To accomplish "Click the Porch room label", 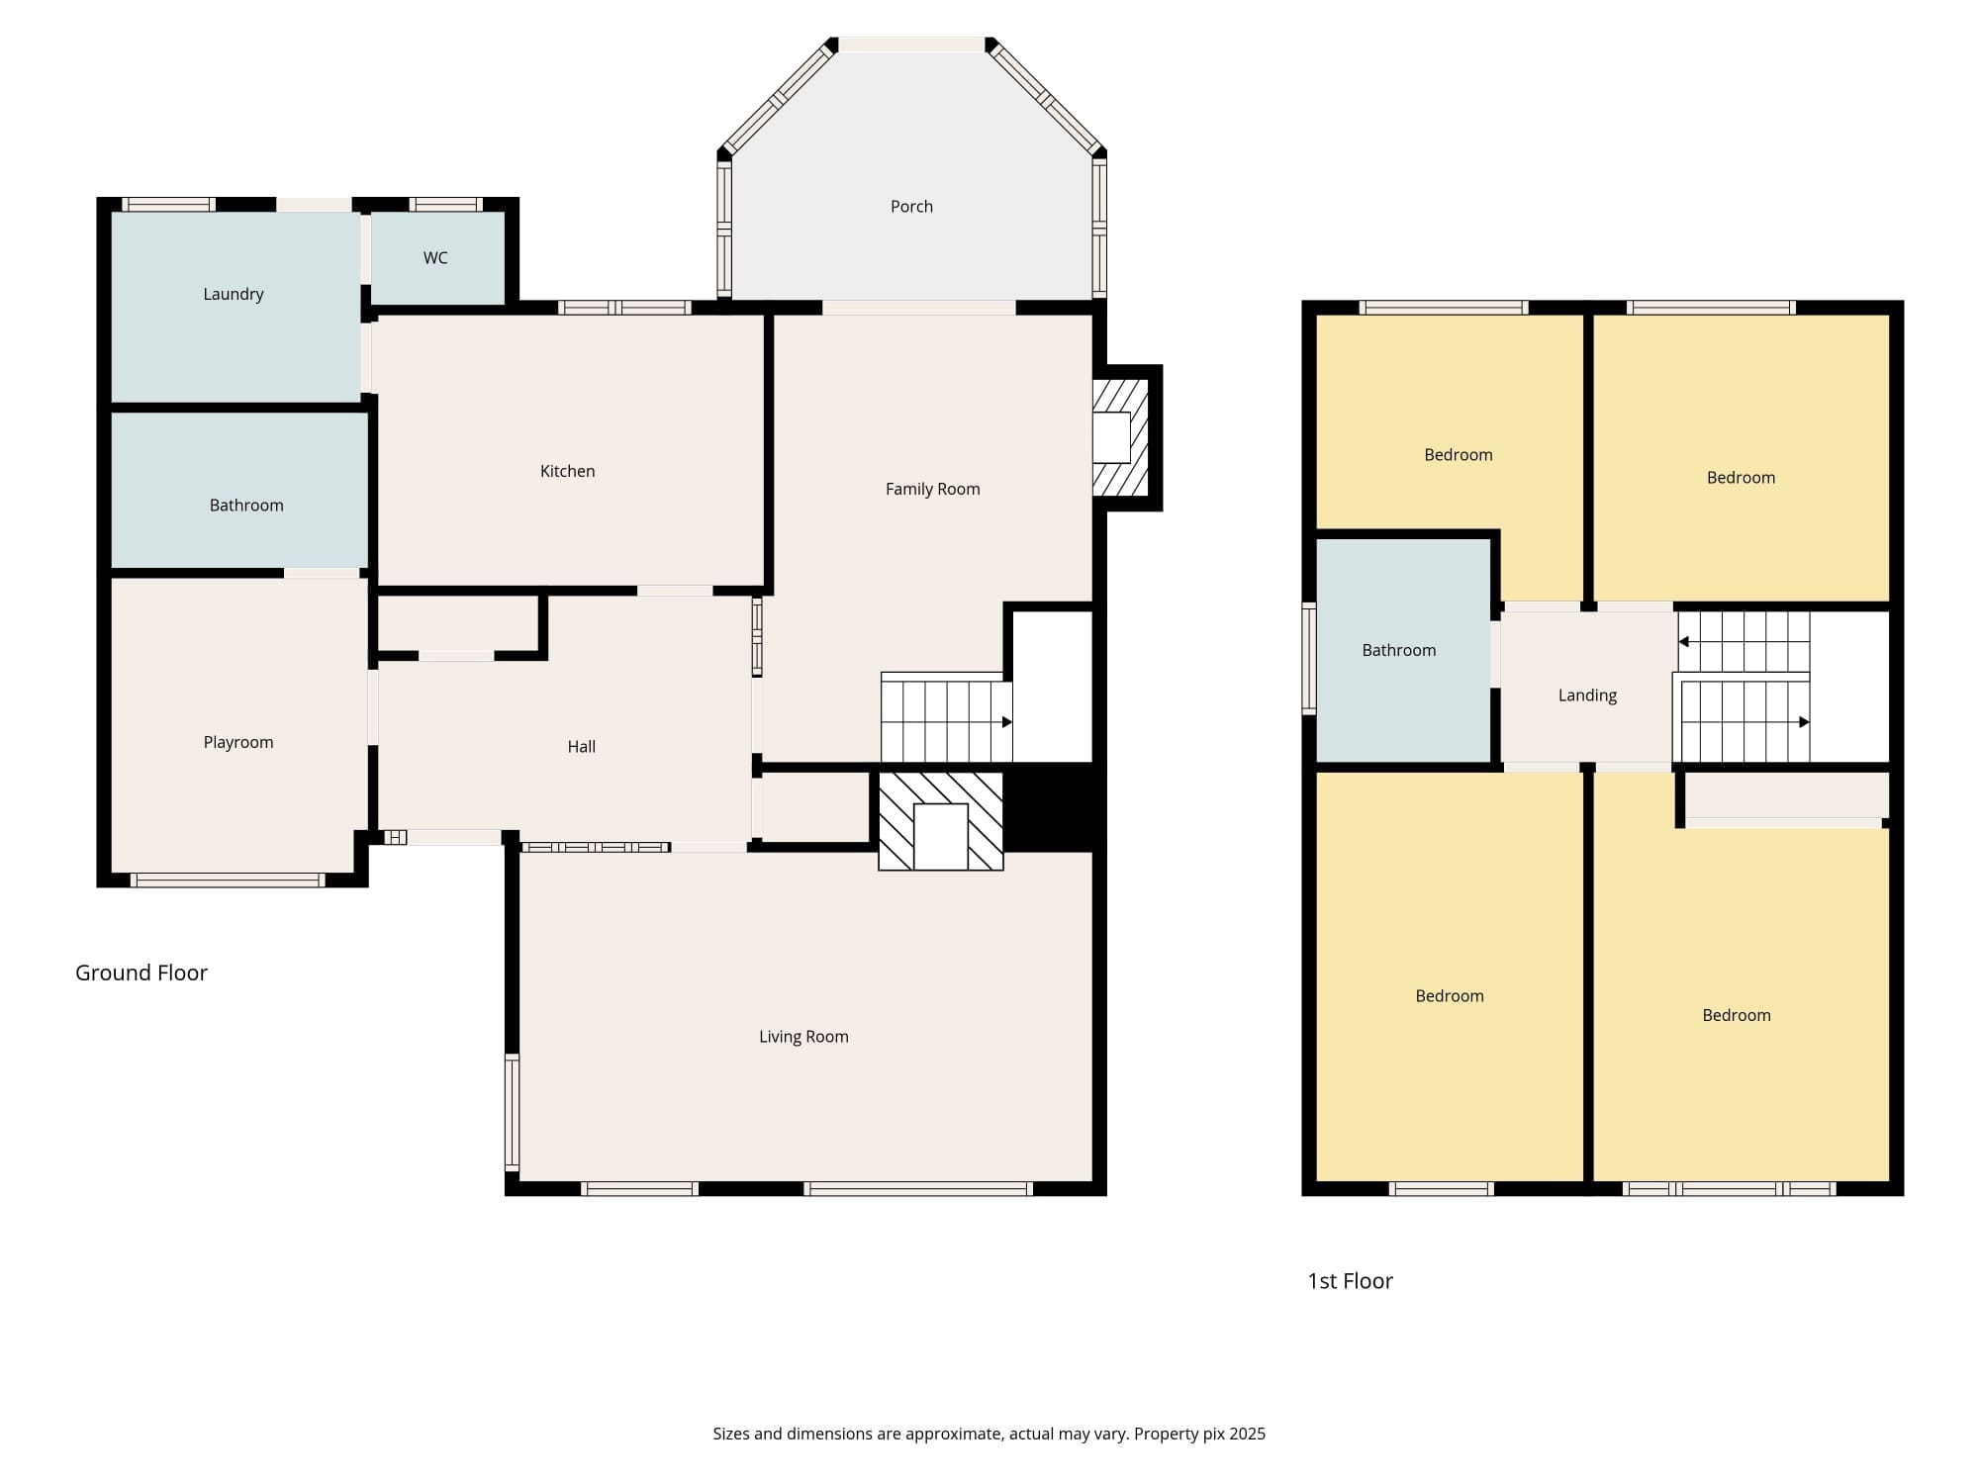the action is [x=911, y=207].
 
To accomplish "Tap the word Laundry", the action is [x=234, y=295].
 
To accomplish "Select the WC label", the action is [x=435, y=258].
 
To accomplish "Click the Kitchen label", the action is [x=568, y=471].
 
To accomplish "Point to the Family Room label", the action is [x=933, y=489].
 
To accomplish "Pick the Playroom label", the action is [x=238, y=743].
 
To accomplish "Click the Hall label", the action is [x=582, y=747].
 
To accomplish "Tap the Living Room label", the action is [x=803, y=1037].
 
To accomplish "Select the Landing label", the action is [x=1587, y=696].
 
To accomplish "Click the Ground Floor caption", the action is [x=141, y=973].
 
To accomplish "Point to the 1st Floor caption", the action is [x=1350, y=1281].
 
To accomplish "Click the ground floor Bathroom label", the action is [x=246, y=506].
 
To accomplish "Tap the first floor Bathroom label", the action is [x=1399, y=650].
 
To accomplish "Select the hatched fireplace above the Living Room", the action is [x=941, y=821].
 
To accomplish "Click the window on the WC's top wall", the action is [x=446, y=205].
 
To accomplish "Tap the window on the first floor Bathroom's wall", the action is [x=1309, y=658].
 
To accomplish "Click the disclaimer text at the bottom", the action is [x=989, y=1434].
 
